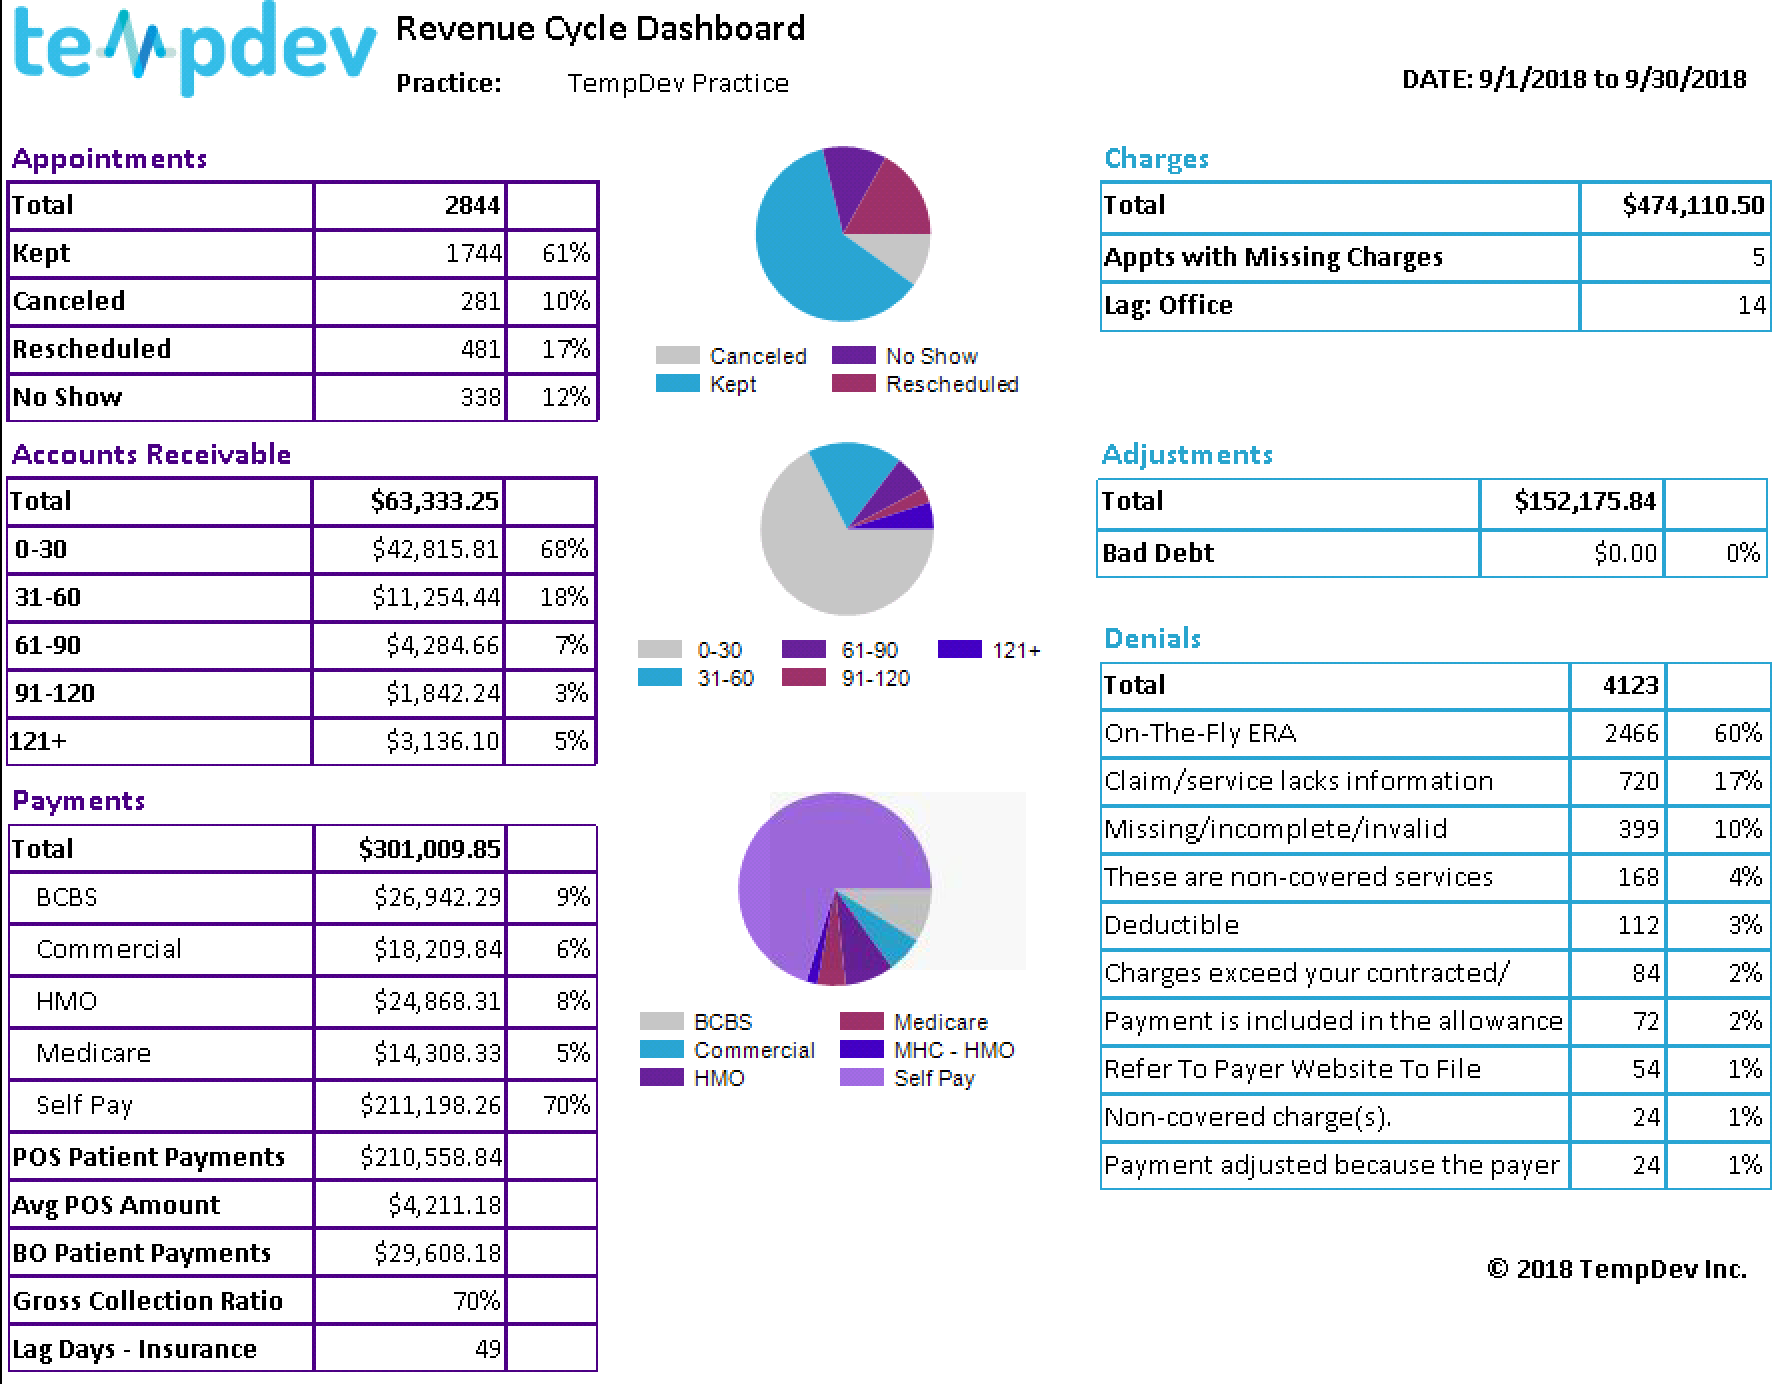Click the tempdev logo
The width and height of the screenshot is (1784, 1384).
coord(195,48)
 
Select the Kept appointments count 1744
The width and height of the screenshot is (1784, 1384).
coord(473,253)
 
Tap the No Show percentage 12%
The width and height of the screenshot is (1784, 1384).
coord(566,397)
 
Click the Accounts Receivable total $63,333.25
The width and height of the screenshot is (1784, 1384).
coord(434,501)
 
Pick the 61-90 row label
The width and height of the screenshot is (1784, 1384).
coord(48,645)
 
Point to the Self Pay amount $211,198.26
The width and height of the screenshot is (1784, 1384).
coord(431,1105)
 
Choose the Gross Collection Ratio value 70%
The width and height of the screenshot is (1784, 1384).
coord(476,1301)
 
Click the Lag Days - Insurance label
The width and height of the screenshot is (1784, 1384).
coord(135,1350)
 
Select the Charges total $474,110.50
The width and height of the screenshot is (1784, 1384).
coord(1693,205)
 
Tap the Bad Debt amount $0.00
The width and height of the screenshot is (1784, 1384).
coord(1625,553)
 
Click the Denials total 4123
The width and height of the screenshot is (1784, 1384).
coord(1630,685)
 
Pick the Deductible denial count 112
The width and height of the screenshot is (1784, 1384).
coord(1638,925)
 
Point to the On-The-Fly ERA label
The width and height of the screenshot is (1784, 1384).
coord(1200,733)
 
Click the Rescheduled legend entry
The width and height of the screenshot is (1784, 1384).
coord(925,384)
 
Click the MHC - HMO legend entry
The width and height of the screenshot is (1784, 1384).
coord(927,1050)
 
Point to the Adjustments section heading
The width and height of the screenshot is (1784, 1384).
coord(1187,455)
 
